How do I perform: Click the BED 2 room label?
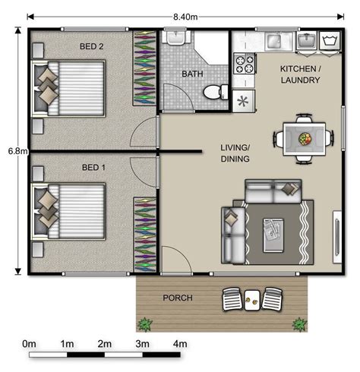coord(92,47)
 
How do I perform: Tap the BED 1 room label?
coord(93,166)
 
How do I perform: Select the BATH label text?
coord(191,74)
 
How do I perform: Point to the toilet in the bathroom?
coord(215,91)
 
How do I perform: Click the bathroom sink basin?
coord(176,38)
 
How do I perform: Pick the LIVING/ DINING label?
coord(235,153)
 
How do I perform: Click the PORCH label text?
coord(178,298)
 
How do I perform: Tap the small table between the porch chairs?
coord(253,300)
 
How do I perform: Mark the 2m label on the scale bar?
coord(105,345)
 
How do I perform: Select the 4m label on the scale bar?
coord(179,345)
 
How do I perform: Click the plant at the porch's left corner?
coord(144,324)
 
